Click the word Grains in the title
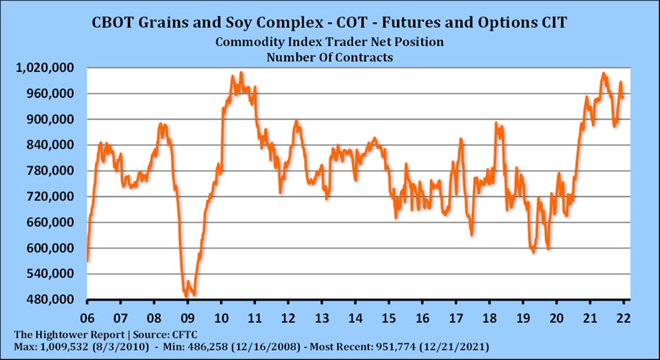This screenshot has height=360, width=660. click(x=170, y=23)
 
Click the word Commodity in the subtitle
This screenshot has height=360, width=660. click(x=246, y=42)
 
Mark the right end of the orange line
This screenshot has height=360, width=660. click(x=623, y=97)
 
